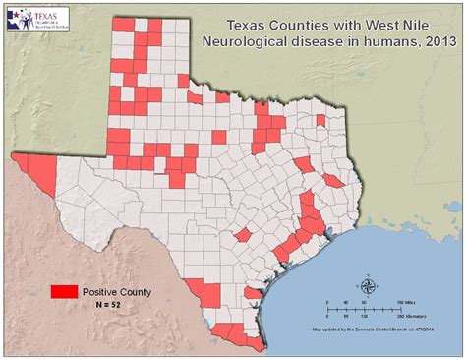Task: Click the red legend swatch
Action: (x=65, y=292)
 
